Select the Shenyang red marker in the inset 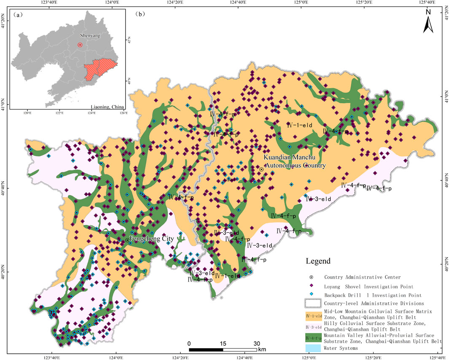coord(80,45)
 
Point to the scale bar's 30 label coord(257,343)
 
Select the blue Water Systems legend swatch coord(312,348)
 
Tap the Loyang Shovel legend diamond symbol coord(312,286)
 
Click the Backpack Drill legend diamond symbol coord(312,295)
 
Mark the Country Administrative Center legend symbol coord(312,277)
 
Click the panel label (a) coord(18,14)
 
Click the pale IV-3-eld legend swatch coord(312,326)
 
